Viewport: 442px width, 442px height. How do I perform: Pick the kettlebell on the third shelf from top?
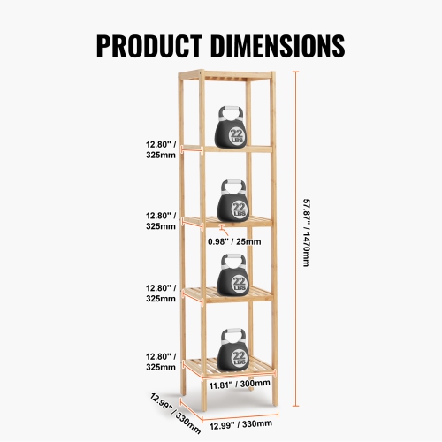coord(232,277)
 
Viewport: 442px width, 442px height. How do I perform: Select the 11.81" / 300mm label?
coord(240,385)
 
